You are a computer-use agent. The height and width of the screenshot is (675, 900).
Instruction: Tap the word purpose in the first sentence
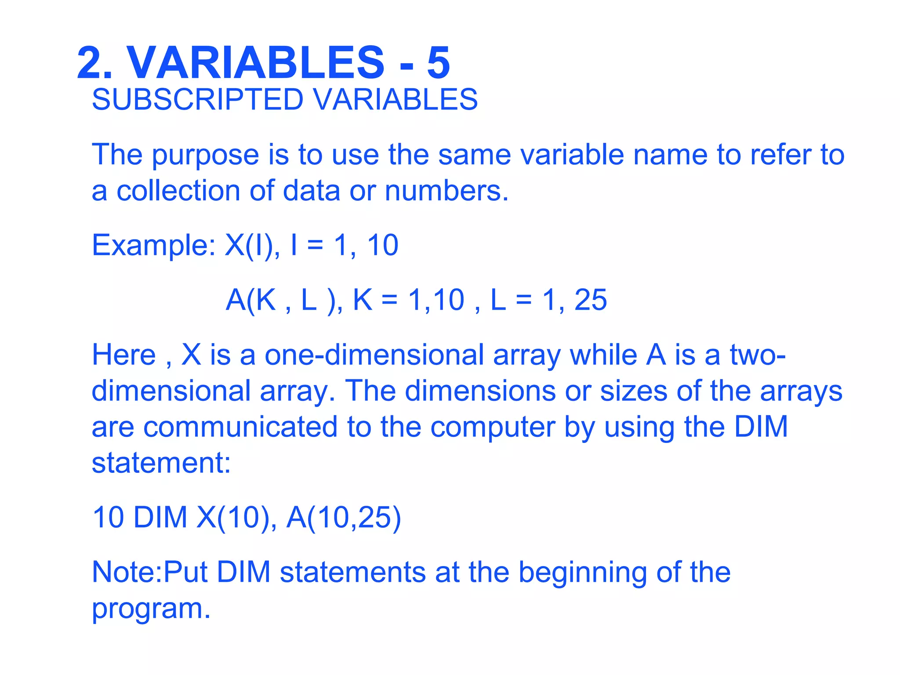(x=206, y=156)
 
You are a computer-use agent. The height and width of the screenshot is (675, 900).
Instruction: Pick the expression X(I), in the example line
(x=252, y=245)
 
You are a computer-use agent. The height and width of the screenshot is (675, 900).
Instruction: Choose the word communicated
(x=240, y=427)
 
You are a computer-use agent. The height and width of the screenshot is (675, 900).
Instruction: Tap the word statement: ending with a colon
(x=161, y=463)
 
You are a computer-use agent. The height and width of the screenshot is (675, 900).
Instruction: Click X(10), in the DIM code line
(x=236, y=518)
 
